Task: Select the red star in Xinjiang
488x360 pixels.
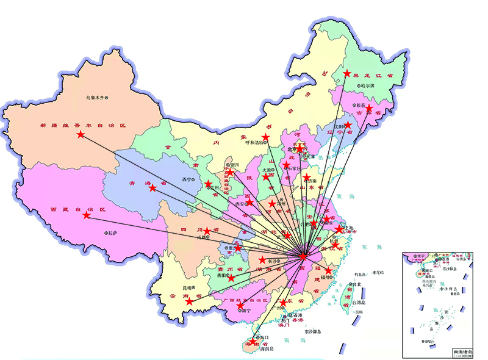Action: [x=81, y=134]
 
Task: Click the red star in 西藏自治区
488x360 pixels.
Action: [x=87, y=215]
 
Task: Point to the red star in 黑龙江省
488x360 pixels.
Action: [x=347, y=73]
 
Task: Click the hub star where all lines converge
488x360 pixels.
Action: [x=303, y=257]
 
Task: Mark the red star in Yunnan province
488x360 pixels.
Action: [x=190, y=301]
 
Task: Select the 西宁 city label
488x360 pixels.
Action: [x=188, y=179]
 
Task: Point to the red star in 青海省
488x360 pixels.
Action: [x=152, y=188]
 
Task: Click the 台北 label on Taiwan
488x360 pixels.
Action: [x=356, y=284]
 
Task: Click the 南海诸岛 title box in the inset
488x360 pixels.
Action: [x=462, y=353]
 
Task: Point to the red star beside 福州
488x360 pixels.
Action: [x=329, y=270]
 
